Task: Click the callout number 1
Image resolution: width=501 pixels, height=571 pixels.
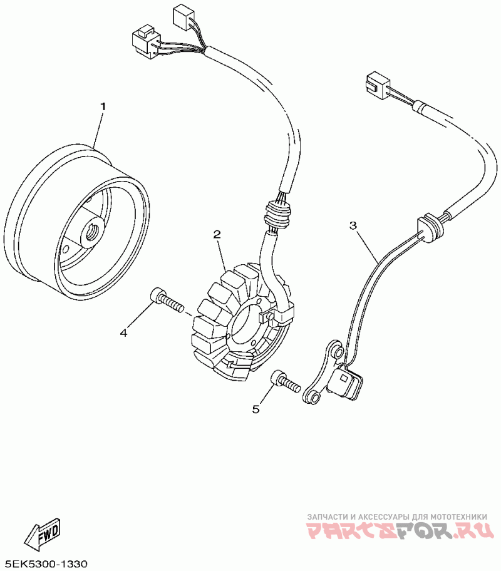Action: tap(103, 106)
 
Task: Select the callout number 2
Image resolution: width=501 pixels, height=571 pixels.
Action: tap(217, 235)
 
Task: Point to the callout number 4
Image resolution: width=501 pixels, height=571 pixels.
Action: tap(123, 333)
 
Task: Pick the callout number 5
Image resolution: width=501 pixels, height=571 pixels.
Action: tap(256, 409)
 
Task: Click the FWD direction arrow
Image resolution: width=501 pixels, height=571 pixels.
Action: tap(42, 533)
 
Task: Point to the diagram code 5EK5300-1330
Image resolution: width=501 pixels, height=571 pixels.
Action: tap(46, 563)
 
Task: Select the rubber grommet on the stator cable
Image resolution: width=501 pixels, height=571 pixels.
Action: tap(275, 215)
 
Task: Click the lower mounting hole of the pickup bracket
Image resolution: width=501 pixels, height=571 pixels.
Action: tap(312, 397)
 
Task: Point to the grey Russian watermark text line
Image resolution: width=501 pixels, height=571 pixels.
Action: tap(396, 517)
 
